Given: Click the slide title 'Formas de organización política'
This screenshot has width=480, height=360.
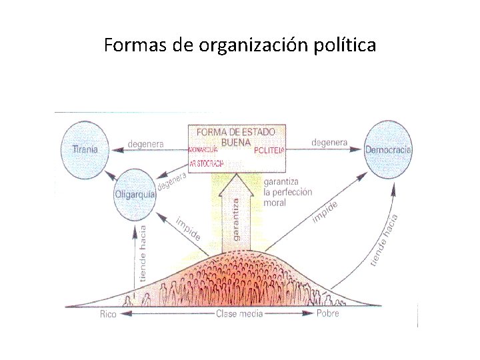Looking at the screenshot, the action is [x=240, y=45].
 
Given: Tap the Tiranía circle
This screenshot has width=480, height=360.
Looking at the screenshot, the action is [x=85, y=148].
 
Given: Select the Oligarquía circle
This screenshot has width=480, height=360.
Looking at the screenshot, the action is [x=135, y=193].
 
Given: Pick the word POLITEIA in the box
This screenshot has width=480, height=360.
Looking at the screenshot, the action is [x=269, y=151].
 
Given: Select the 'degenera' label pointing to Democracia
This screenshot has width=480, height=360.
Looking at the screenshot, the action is [x=329, y=142].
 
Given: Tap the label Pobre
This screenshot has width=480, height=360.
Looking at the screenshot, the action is [x=327, y=313].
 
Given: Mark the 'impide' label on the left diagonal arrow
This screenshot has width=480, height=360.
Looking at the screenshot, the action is [x=188, y=227].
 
